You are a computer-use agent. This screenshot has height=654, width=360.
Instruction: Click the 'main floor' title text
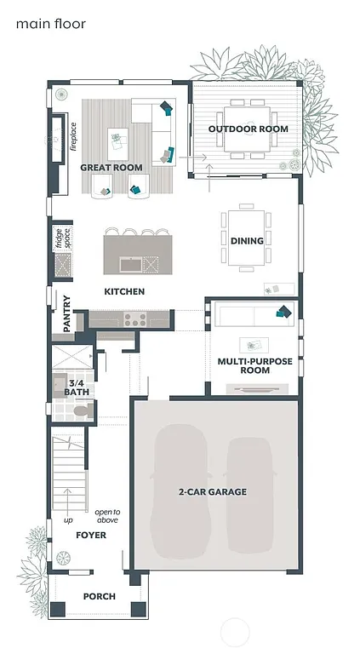50,24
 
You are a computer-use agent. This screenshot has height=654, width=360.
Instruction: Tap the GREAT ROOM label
111,168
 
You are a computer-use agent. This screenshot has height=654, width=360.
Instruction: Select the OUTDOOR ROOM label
248,129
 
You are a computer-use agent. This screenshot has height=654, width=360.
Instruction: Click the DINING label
247,241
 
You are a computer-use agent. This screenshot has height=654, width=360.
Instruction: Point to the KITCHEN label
124,292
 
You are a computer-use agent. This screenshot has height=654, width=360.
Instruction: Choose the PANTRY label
67,313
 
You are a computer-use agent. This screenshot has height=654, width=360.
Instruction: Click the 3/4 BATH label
76,388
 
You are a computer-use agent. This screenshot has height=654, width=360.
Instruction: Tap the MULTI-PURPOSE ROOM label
254,366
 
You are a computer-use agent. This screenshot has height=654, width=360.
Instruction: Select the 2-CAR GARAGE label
213,492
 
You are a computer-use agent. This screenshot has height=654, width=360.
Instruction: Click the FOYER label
91,536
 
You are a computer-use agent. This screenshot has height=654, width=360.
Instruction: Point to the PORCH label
99,596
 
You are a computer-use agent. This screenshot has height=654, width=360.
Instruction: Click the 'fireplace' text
74,136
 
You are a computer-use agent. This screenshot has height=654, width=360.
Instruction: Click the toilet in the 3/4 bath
81,412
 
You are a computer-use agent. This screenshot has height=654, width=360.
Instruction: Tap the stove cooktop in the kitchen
134,319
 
